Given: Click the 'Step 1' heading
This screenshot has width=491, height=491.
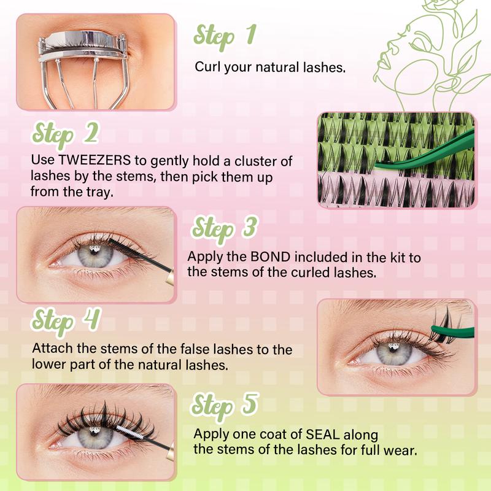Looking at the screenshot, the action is (x=225, y=36).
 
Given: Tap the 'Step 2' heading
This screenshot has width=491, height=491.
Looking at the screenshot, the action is (x=65, y=134).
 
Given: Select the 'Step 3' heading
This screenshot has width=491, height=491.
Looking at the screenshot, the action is (x=225, y=228).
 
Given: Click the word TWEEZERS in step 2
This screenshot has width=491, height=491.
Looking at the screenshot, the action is (x=95, y=160).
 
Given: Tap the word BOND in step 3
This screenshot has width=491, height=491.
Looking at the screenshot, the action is (x=270, y=257).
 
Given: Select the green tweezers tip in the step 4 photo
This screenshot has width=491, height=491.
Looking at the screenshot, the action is (x=435, y=328).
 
